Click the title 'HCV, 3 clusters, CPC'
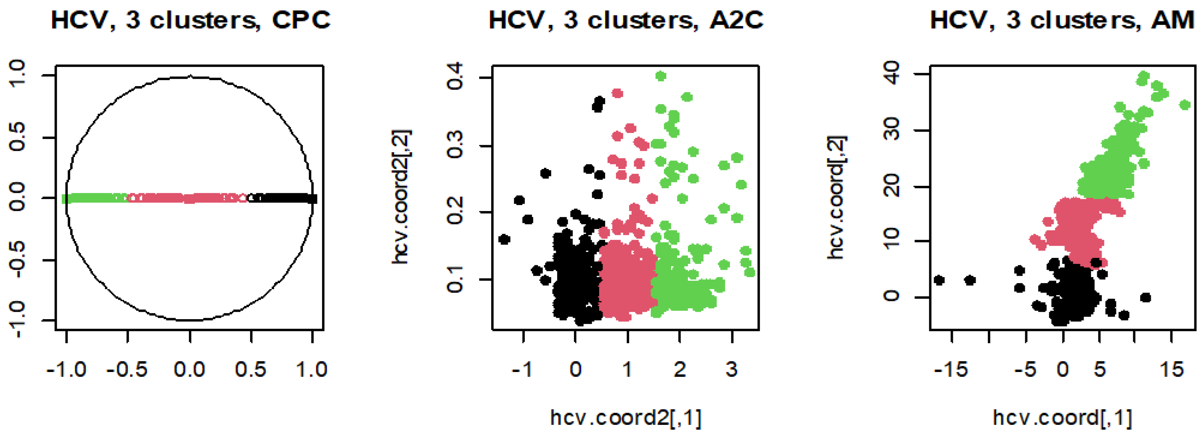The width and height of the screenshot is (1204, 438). pos(190,21)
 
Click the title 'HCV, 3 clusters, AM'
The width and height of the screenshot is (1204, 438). pos(1062,21)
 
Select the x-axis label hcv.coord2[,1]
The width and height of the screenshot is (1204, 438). pos(626,417)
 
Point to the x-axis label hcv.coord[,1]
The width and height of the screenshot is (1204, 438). pos(1062,417)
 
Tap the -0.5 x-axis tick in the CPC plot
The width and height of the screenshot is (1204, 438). pos(127,370)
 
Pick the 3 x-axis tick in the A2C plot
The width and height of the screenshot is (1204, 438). pos(732,370)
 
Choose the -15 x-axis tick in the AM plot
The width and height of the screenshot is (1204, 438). pos(951,370)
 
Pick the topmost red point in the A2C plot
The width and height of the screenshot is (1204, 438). pos(617,94)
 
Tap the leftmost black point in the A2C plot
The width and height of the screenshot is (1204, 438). pos(504,240)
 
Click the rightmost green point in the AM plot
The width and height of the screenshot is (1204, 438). pos(1184,105)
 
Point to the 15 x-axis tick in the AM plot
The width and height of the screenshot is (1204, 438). pos(1171,370)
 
